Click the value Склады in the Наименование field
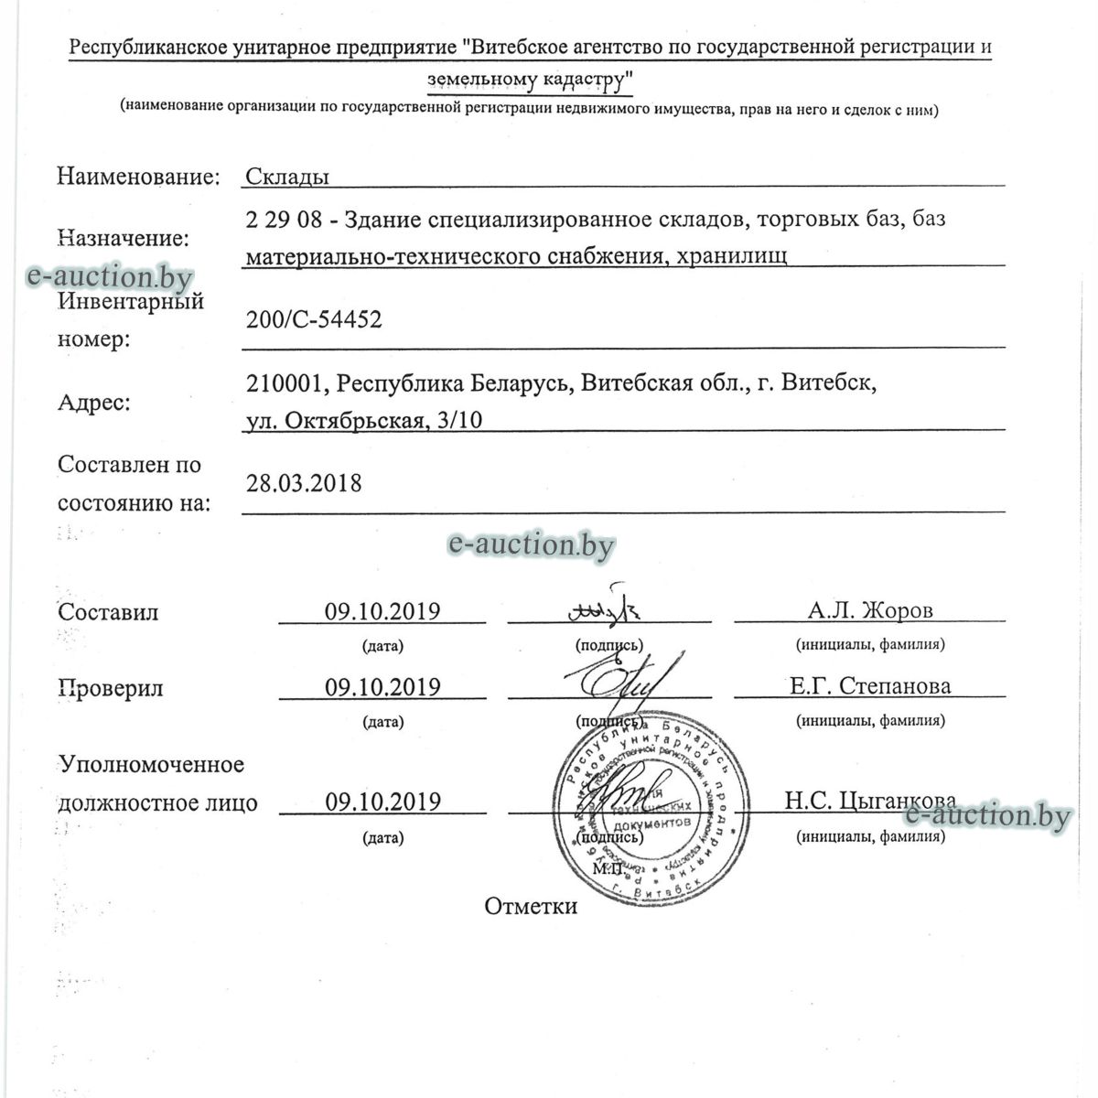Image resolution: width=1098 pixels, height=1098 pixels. pos(287,177)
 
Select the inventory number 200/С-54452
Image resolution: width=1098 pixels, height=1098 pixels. pos(314,320)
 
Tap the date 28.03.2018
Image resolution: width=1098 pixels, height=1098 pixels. pos(304,483)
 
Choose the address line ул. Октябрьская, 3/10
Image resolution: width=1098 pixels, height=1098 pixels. pos(364,421)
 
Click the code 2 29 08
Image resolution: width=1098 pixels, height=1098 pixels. pos(278,220)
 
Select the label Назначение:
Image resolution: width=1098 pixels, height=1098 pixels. pos(124,239)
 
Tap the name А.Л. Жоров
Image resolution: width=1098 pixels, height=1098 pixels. pos(870,610)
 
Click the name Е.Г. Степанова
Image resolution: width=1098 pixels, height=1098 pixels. pos(870,685)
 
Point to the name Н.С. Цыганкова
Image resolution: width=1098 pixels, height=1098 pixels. pos(870,802)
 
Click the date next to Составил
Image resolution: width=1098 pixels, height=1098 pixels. pos(382,611)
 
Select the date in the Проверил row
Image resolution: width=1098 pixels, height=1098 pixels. pos(382,686)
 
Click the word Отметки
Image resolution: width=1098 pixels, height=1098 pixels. pos(531,906)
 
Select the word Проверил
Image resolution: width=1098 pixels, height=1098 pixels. pos(111,687)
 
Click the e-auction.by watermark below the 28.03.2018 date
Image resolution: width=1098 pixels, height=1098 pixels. pos(531,545)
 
